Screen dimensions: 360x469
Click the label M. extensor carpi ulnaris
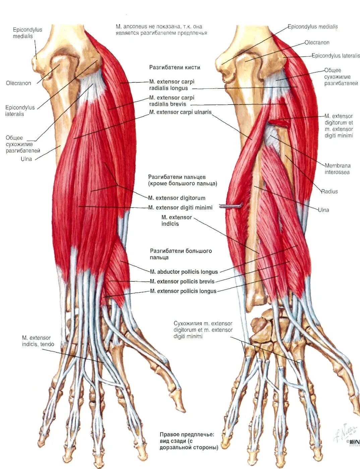(180, 112)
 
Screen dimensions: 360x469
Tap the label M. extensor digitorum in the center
(177, 198)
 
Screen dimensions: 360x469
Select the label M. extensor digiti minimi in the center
(180, 208)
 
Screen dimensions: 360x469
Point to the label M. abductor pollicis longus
(184, 272)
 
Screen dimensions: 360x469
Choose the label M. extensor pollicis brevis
(182, 282)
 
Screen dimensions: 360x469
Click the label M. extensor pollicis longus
(183, 291)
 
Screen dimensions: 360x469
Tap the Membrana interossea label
(337, 169)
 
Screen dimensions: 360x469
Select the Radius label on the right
(329, 192)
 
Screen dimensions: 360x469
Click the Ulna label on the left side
(26, 159)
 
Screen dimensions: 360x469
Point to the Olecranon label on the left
(18, 83)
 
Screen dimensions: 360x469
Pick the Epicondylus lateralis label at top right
(336, 56)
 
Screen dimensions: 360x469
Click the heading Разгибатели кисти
(175, 67)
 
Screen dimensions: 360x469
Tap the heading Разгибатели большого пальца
(181, 254)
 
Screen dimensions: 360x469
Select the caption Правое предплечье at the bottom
(189, 441)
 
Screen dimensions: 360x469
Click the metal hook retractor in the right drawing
(231, 206)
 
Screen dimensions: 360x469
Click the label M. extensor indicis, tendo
(38, 341)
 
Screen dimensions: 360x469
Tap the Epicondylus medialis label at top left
(27, 33)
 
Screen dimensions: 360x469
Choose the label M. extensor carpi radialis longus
(172, 85)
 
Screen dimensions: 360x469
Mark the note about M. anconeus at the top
(161, 30)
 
